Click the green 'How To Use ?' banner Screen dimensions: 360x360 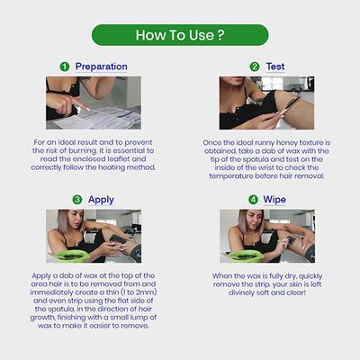[179, 35]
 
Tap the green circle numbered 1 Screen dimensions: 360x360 [64, 67]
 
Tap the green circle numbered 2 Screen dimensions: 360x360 [255, 67]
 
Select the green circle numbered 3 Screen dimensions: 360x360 [76, 199]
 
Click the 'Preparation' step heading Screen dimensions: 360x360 [100, 67]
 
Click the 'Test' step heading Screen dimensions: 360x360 [274, 67]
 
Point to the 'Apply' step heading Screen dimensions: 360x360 [101, 199]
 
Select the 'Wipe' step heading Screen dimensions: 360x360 [274, 199]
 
